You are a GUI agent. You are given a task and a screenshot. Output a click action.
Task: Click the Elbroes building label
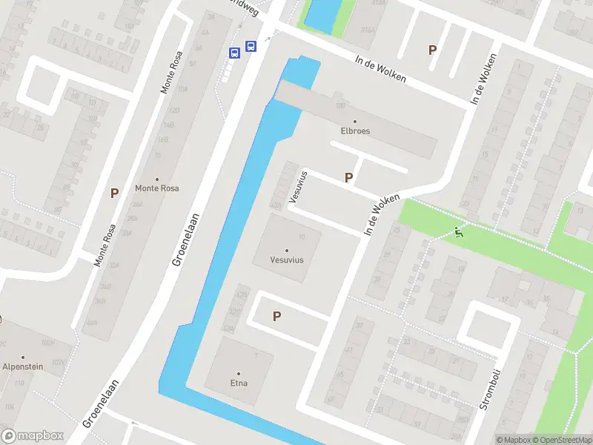tap(354, 131)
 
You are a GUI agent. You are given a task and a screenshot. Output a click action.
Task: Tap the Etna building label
tap(239, 383)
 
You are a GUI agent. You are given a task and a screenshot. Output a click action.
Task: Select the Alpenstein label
tap(23, 366)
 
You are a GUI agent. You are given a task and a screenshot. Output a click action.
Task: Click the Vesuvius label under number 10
tap(288, 260)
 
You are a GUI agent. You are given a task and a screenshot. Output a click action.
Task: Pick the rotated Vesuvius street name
tap(299, 186)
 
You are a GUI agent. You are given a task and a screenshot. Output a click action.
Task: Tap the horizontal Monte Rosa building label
tap(156, 188)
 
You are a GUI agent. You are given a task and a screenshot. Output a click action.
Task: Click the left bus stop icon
tap(234, 52)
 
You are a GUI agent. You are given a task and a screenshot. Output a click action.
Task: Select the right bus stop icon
tap(251, 46)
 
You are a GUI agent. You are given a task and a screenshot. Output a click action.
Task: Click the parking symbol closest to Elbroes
tap(348, 177)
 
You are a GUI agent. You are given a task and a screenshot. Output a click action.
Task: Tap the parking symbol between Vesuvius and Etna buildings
tap(276, 316)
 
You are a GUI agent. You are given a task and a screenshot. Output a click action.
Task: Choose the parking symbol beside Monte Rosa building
tap(114, 193)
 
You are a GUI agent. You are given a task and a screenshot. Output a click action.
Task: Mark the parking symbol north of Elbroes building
tap(432, 50)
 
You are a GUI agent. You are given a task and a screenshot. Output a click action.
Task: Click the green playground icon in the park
tap(458, 233)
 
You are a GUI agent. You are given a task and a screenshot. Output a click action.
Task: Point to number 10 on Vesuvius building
tap(301, 237)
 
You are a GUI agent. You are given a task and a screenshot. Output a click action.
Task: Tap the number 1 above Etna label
tap(256, 357)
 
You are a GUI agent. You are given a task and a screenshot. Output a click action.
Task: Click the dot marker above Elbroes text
tap(354, 122)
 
